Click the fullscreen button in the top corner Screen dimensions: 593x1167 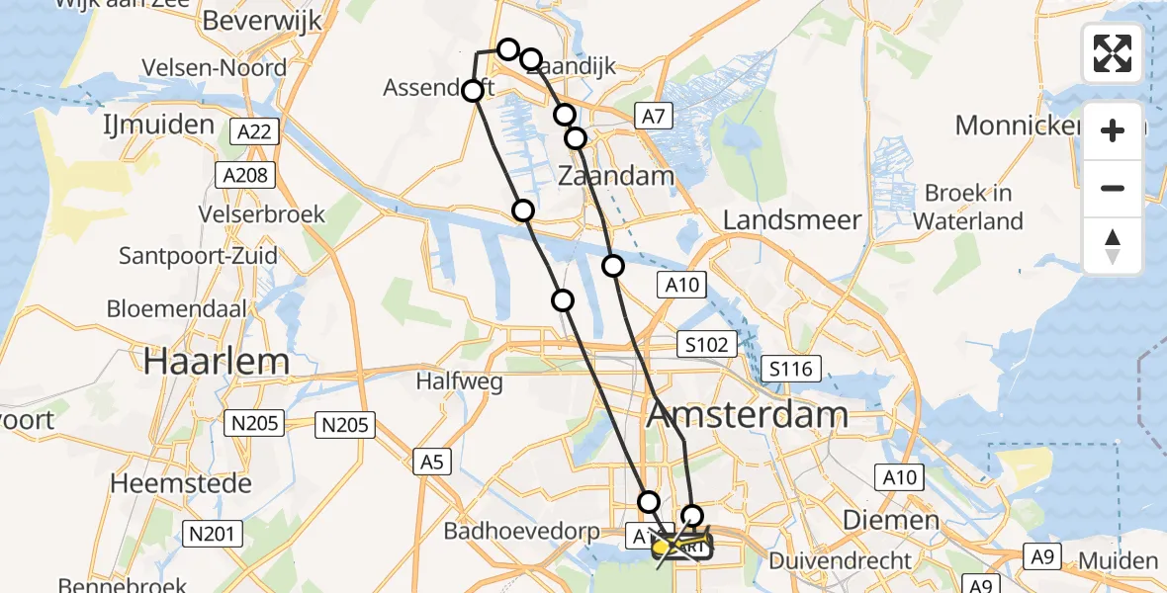pos(1113,53)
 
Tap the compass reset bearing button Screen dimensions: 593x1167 pos(1113,246)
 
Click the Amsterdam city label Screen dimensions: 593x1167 pos(748,414)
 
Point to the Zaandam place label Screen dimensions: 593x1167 pos(615,177)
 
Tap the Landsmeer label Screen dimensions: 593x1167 pos(792,219)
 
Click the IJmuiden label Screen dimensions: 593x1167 pos(158,125)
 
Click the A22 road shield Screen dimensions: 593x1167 pos(254,131)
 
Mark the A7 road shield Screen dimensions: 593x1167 pos(652,117)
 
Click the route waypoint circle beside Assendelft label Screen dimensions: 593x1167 pos(473,91)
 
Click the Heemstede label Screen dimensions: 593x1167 pos(181,483)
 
